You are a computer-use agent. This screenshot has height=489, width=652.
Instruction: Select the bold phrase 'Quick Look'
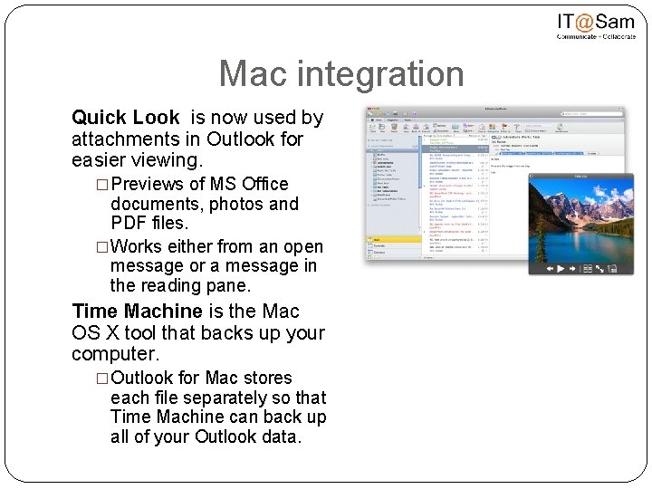(125, 118)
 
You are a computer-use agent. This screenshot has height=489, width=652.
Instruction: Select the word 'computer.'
(115, 354)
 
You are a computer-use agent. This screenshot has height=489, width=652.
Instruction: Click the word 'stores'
(267, 378)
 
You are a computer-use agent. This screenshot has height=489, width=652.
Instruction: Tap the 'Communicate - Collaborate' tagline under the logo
(595, 38)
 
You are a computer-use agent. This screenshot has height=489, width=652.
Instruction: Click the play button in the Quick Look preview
(561, 269)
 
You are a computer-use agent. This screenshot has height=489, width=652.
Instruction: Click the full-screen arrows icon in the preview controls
(600, 269)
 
